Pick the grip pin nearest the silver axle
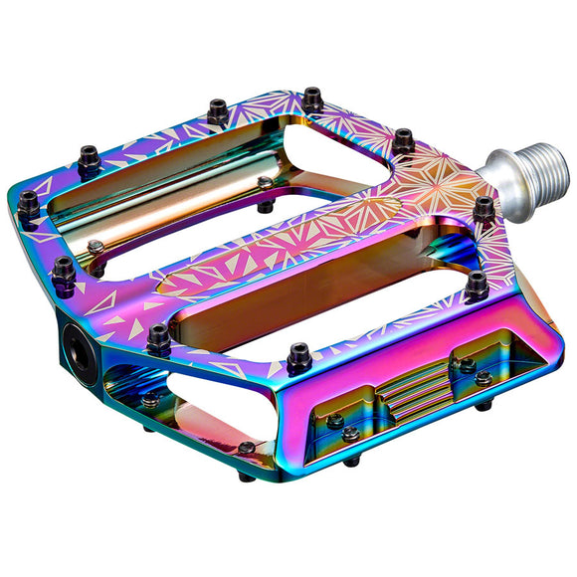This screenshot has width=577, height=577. [x=482, y=209]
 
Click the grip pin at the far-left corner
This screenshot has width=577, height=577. [x=28, y=203]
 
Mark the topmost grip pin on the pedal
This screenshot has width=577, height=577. [x=312, y=98]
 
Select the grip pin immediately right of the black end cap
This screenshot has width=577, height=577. [x=158, y=339]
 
